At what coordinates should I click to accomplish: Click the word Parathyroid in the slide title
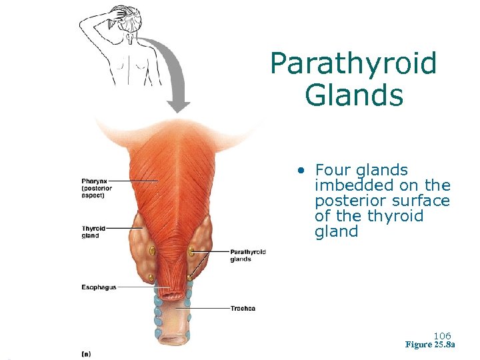[353, 65]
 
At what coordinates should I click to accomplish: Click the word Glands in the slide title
[354, 95]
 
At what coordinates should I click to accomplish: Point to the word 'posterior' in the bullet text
[347, 201]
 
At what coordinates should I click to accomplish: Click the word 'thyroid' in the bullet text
[397, 216]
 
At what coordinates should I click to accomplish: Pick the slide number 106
[442, 335]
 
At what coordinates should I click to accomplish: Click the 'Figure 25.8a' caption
[430, 345]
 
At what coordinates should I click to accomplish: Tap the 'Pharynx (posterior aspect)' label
[97, 188]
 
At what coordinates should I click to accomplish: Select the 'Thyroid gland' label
[93, 232]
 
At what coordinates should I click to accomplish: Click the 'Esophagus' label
[99, 287]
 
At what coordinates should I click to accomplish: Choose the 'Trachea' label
[243, 309]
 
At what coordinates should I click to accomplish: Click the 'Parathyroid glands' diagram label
[248, 255]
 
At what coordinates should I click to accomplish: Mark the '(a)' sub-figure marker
[86, 353]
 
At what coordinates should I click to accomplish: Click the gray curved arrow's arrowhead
[178, 105]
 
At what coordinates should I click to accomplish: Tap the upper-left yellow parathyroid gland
[152, 251]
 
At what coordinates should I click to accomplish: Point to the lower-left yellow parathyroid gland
[151, 277]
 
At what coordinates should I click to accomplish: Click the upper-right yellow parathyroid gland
[191, 251]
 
